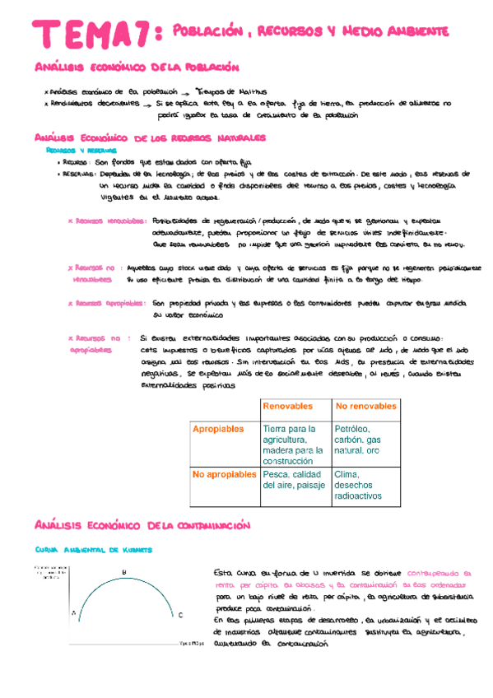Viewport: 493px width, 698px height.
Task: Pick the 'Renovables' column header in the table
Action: point(287,407)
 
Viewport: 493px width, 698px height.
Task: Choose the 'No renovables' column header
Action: point(365,407)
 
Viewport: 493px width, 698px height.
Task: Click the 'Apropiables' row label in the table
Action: point(218,430)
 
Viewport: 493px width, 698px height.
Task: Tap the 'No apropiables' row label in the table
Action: point(224,475)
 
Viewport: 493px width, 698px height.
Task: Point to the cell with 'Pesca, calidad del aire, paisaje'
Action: point(293,480)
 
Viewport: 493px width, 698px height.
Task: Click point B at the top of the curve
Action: point(124,572)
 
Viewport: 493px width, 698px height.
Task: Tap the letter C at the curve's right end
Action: point(180,615)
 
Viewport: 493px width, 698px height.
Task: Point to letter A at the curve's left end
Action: point(73,612)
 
